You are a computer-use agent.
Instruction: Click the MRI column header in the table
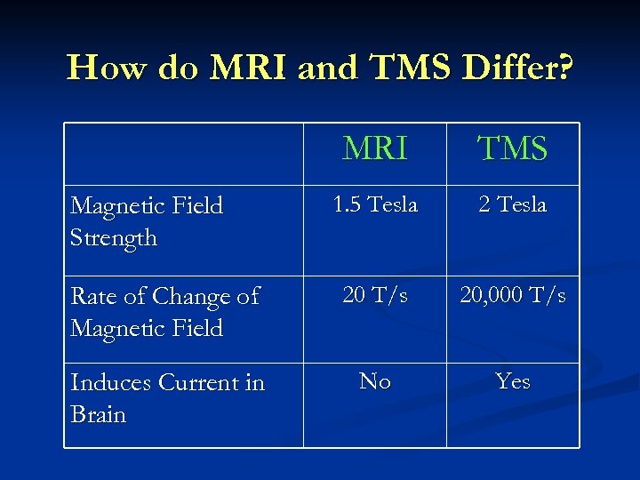(374, 148)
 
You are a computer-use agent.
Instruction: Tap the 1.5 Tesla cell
(374, 204)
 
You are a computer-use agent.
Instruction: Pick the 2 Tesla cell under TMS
(512, 204)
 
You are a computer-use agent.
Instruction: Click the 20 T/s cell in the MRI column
(374, 295)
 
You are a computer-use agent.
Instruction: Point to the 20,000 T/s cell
(512, 295)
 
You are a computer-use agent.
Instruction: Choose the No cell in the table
(374, 381)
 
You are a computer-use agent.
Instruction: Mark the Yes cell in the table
(512, 381)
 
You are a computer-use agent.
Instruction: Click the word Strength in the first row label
(113, 238)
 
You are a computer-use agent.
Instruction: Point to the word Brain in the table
(98, 415)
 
